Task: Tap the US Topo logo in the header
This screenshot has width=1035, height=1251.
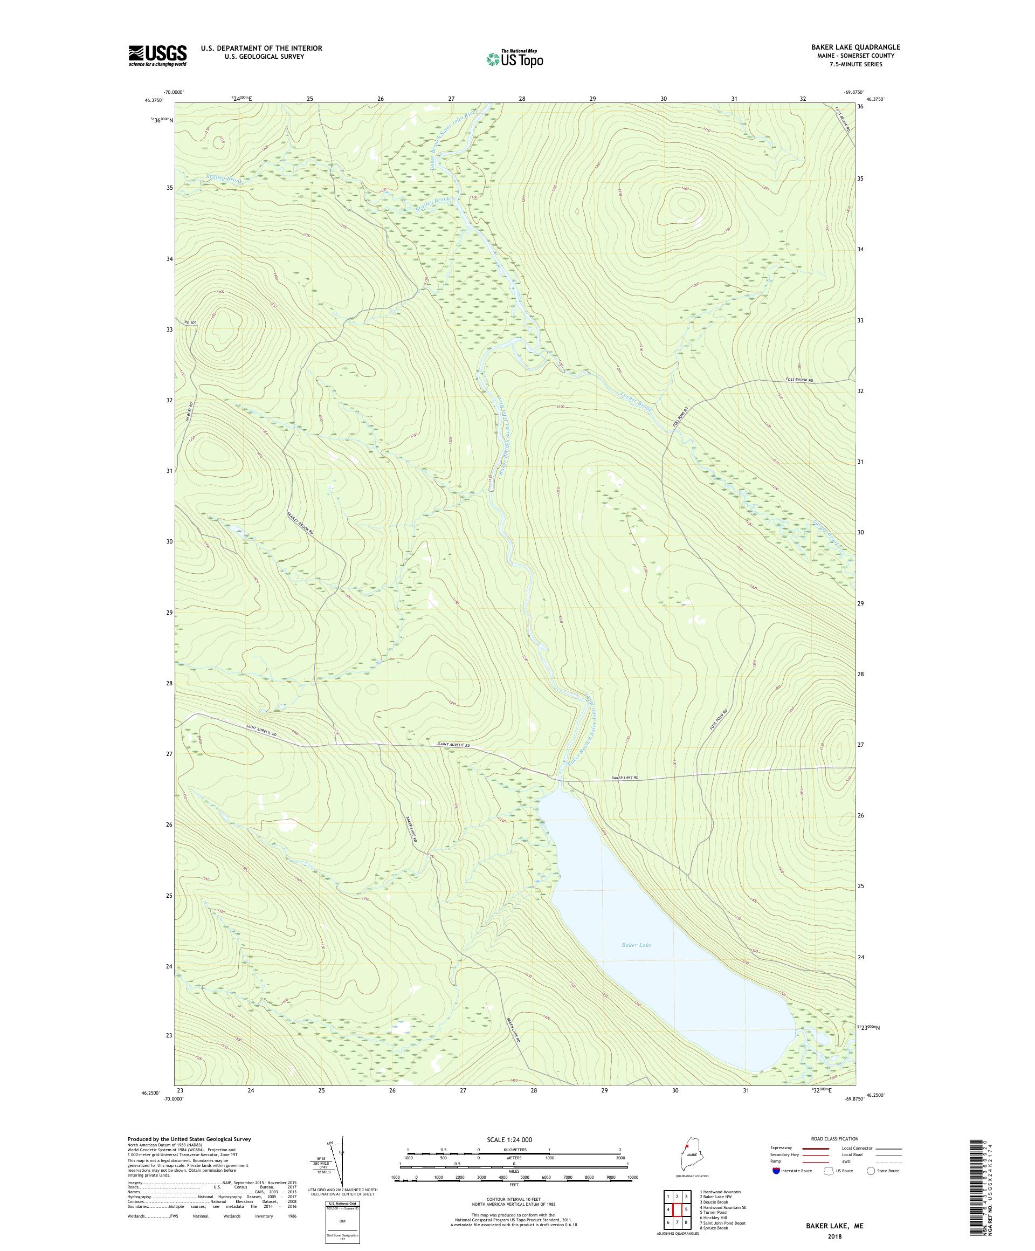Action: (x=514, y=58)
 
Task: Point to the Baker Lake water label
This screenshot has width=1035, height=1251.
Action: (x=637, y=961)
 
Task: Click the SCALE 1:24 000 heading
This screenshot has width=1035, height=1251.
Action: (x=514, y=1139)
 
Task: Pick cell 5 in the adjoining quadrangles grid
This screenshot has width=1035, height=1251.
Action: (x=686, y=1209)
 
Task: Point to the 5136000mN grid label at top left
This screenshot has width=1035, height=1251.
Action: (x=161, y=120)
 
